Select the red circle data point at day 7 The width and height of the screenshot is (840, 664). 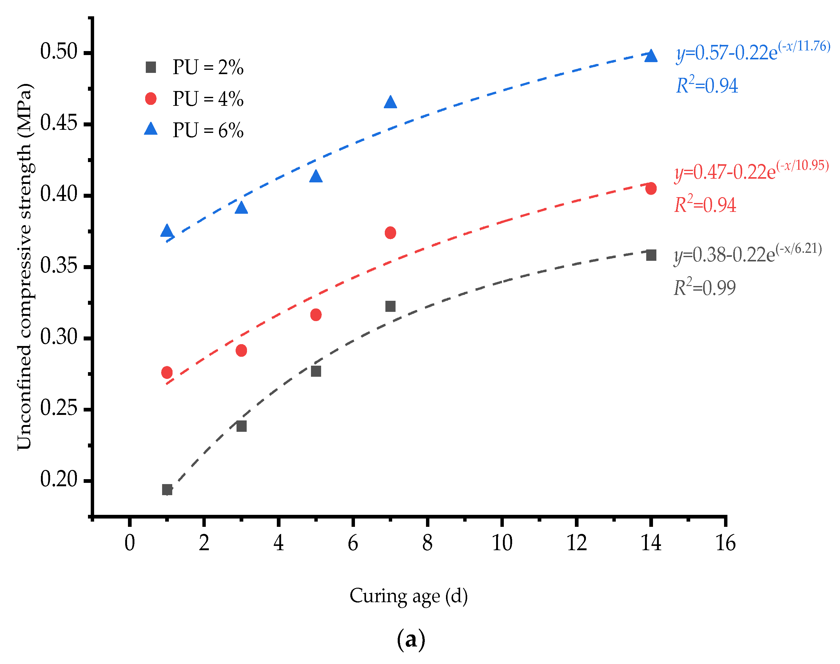tap(390, 233)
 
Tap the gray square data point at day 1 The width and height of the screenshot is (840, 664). tap(167, 489)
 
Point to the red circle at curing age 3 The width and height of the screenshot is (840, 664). tap(241, 350)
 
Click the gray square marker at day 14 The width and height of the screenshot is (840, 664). tap(651, 255)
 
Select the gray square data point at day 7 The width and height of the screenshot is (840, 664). tap(390, 306)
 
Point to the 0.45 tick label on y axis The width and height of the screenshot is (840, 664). tap(59, 124)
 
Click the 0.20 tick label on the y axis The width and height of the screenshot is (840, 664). tap(59, 479)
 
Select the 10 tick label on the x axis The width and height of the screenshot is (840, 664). tap(502, 543)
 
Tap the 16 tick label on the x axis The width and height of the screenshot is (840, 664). tap(725, 543)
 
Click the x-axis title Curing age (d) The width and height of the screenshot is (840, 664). tap(408, 596)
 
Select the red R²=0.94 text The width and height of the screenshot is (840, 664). tap(705, 205)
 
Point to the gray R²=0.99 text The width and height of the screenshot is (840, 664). tap(704, 288)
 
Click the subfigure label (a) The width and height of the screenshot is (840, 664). tap(411, 639)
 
